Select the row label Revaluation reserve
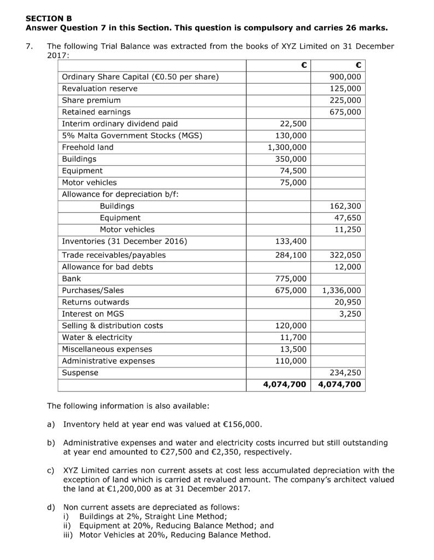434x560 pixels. [99, 88]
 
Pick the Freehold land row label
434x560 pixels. [88, 147]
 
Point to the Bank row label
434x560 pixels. [72, 278]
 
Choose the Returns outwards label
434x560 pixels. [96, 302]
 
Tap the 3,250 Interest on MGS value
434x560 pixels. [350, 313]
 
